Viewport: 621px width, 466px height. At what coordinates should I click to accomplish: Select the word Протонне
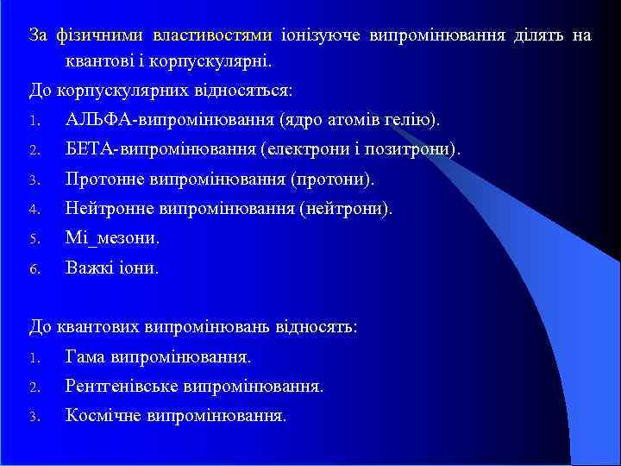[104, 179]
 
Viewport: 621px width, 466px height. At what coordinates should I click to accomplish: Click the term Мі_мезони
[113, 238]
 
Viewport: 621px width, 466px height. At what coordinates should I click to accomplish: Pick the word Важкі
[89, 268]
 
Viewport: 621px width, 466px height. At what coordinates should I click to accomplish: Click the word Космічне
[104, 415]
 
